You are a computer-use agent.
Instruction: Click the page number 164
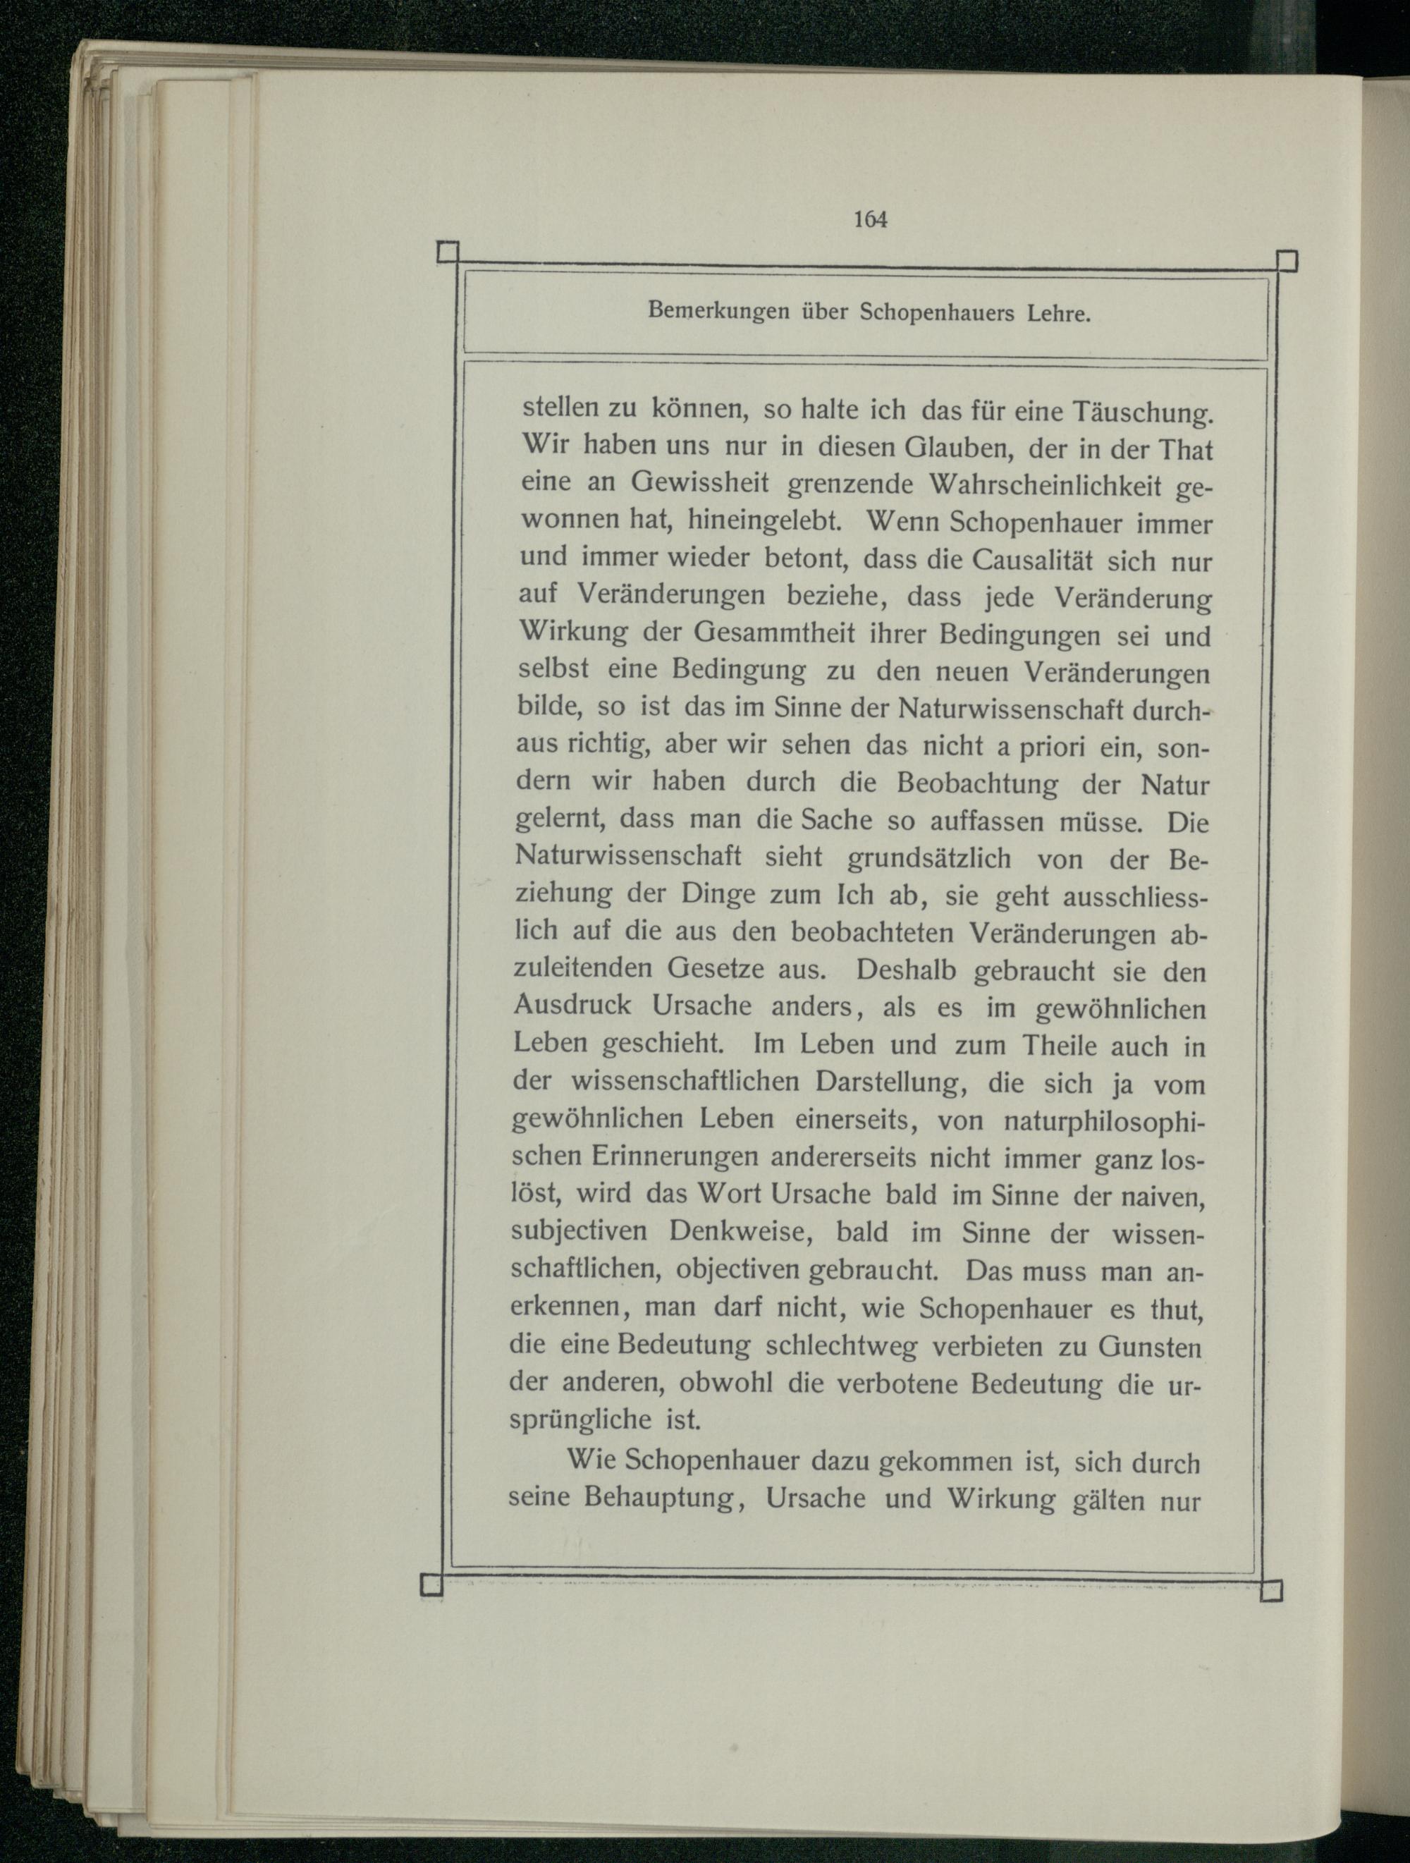coord(871,219)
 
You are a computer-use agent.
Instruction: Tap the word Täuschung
coord(1142,413)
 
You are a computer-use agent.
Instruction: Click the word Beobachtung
coord(977,783)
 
